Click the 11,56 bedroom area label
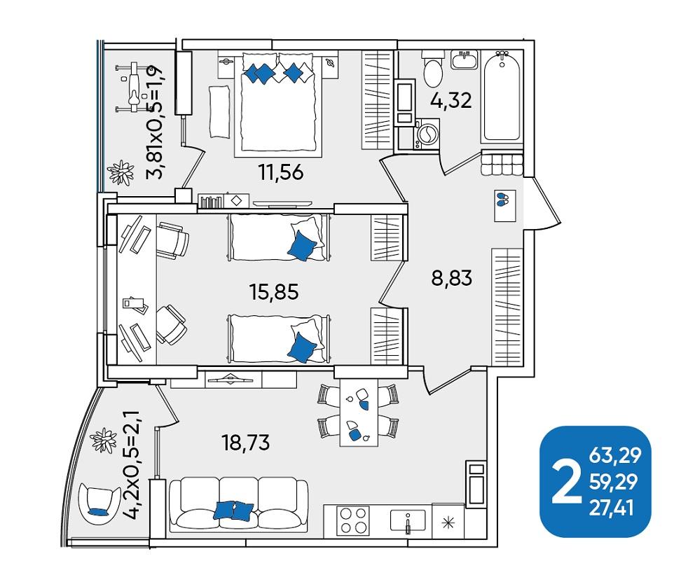click(281, 172)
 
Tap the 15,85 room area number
click(274, 292)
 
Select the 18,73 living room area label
click(246, 442)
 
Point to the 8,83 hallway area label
click(452, 278)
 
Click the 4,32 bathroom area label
click(451, 100)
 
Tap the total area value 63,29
click(614, 455)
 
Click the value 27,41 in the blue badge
click(611, 508)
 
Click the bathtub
click(502, 97)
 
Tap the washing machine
click(427, 134)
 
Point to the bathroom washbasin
click(465, 60)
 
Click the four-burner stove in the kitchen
click(353, 520)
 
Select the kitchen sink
click(408, 520)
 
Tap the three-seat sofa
click(239, 504)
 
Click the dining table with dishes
click(359, 412)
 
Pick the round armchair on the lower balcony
click(99, 504)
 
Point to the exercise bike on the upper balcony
click(134, 87)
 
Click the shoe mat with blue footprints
click(505, 205)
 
